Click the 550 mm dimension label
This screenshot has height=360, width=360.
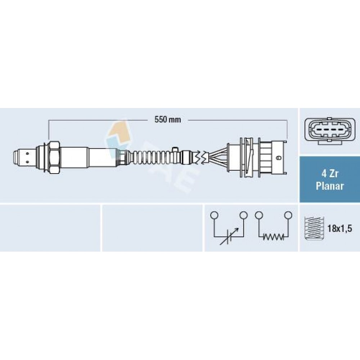pyautogui.click(x=168, y=120)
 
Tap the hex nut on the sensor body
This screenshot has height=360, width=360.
pyautogui.click(x=54, y=157)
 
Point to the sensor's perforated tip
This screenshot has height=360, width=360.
pyautogui.click(x=24, y=157)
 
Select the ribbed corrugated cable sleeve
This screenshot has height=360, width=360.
pyautogui.click(x=153, y=157)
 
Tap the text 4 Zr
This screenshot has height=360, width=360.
pyautogui.click(x=329, y=174)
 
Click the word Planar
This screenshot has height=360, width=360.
pyautogui.click(x=329, y=186)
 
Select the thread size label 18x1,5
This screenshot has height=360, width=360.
pyautogui.click(x=339, y=229)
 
